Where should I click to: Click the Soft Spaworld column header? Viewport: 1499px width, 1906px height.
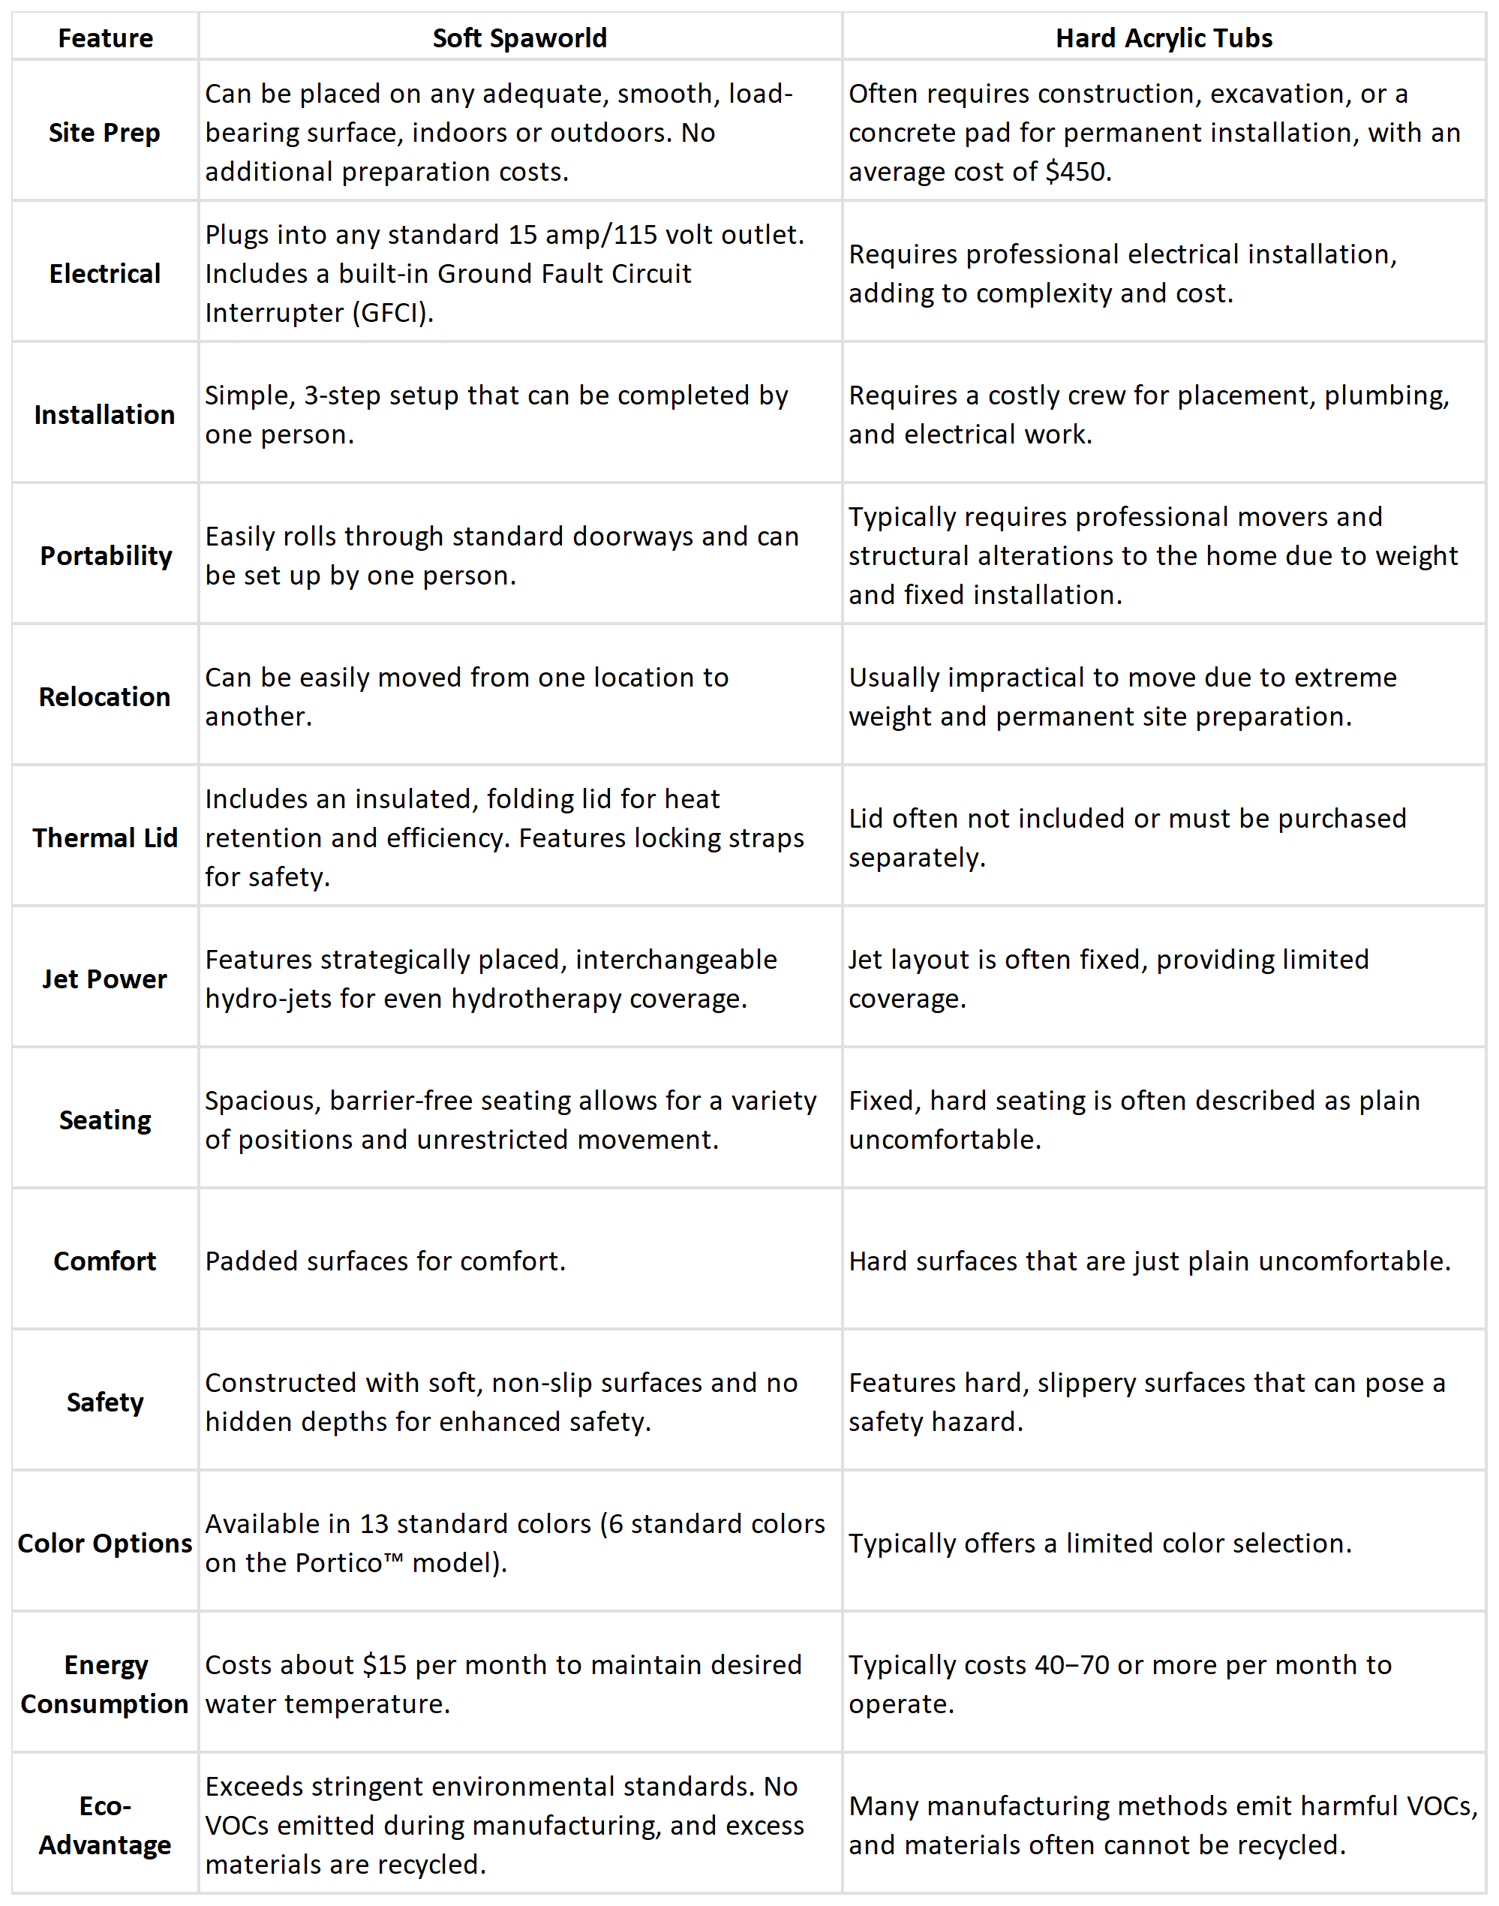pos(520,38)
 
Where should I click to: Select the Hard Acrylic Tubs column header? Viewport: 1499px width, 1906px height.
pos(1164,38)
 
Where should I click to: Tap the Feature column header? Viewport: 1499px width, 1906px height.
pos(105,38)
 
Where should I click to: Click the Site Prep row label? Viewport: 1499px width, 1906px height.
pos(104,133)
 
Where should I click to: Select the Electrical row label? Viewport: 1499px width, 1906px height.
pos(104,274)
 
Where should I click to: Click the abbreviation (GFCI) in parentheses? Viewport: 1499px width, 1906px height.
pos(392,313)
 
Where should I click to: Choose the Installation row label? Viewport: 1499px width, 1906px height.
pos(104,414)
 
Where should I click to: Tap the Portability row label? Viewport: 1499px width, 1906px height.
pos(107,556)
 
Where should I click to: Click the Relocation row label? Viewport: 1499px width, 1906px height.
pos(104,697)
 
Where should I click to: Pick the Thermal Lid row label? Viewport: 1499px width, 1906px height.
pos(104,837)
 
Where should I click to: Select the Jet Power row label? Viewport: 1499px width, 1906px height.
pos(104,979)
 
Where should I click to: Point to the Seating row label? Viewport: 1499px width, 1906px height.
pos(104,1120)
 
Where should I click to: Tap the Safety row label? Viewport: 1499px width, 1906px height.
pos(104,1402)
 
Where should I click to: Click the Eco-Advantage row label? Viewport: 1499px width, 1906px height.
pos(104,1825)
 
